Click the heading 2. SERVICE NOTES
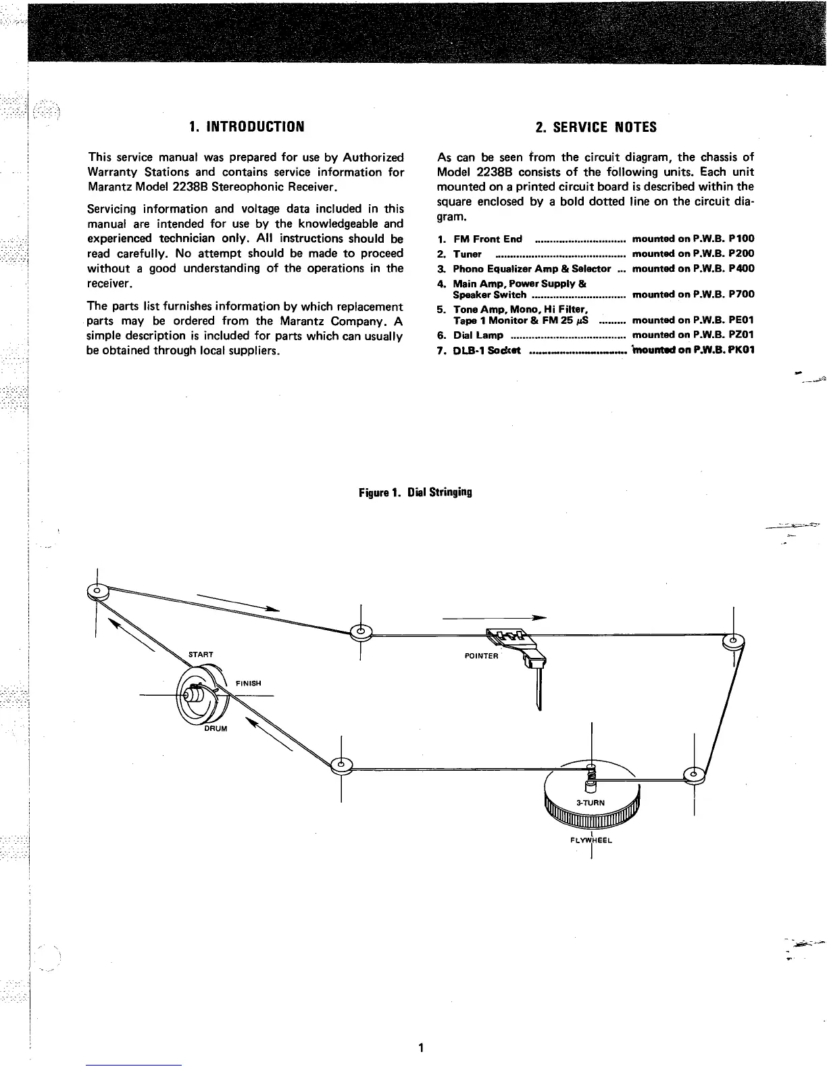tap(595, 127)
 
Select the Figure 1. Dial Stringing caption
tap(415, 492)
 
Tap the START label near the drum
tap(201, 654)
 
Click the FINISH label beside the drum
tap(248, 683)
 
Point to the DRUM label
tap(216, 729)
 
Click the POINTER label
tap(481, 657)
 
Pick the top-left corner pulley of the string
tap(97, 590)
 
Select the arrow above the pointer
tap(493, 617)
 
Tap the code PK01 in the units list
tap(741, 350)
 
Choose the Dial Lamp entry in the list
tap(478, 335)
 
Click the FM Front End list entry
tap(487, 239)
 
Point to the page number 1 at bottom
tap(420, 1049)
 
